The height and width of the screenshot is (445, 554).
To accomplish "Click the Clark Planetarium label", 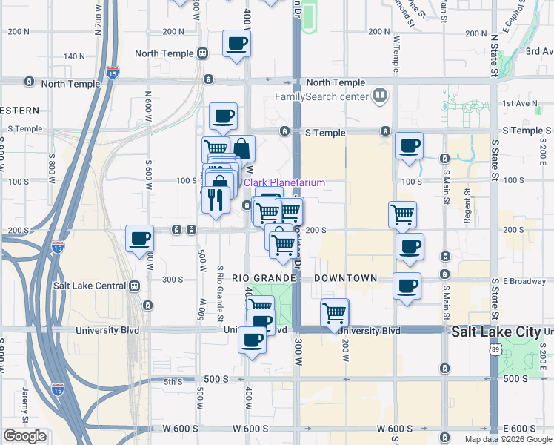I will tap(284, 182).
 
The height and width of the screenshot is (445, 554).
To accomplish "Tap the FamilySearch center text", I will tap(321, 96).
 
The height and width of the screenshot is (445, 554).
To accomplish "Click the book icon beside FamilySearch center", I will tap(379, 95).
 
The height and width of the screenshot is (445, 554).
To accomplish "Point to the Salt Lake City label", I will tap(495, 333).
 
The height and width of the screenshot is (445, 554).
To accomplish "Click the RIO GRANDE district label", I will tap(264, 278).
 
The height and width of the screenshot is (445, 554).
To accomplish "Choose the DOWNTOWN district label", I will tap(345, 278).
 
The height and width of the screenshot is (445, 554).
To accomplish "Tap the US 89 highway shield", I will tap(495, 349).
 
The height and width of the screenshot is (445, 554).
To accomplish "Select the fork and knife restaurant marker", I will tap(216, 200).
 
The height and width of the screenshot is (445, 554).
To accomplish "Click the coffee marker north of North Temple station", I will tap(236, 44).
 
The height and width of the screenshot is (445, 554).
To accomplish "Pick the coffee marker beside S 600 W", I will tap(139, 240).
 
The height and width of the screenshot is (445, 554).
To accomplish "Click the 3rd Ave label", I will tap(539, 51).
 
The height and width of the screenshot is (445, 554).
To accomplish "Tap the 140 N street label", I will tap(74, 56).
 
